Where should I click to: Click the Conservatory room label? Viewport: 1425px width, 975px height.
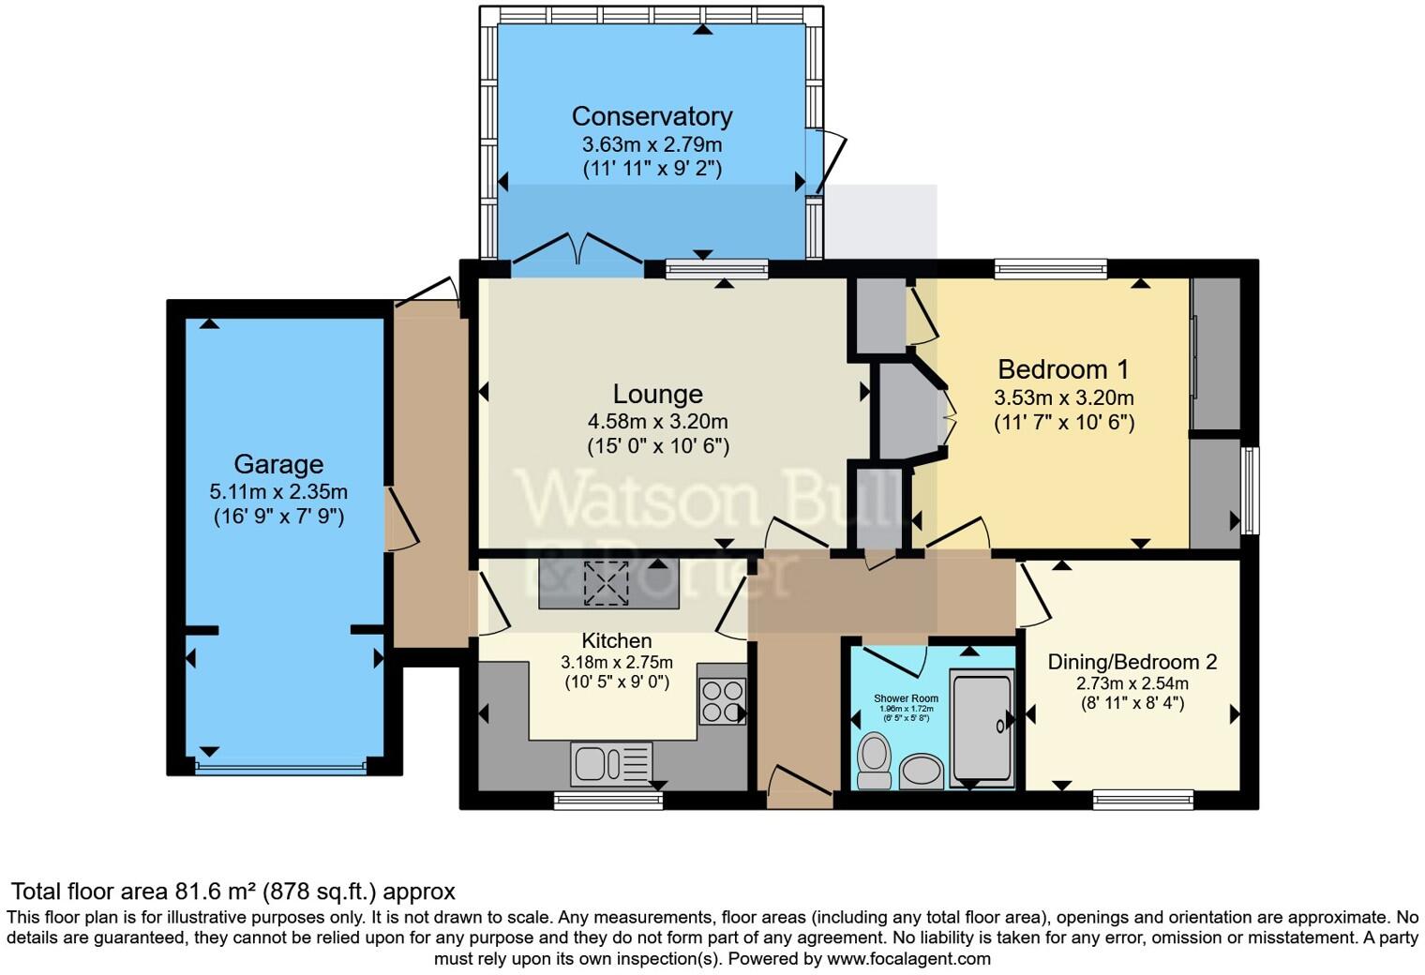652,116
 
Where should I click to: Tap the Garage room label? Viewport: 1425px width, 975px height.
278,464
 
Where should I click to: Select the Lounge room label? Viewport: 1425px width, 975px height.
657,395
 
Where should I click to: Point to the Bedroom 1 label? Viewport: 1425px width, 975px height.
1063,369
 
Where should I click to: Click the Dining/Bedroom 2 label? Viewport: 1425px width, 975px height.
1132,662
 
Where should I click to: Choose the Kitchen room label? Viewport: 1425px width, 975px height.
616,640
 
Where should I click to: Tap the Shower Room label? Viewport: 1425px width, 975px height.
906,698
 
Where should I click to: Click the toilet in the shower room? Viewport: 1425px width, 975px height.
874,759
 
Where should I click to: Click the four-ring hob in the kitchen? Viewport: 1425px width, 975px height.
721,701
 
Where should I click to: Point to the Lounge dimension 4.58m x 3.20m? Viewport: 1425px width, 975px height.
657,422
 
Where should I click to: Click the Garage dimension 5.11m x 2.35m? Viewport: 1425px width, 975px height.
278,491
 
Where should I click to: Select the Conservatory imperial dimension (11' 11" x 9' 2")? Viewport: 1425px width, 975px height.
652,169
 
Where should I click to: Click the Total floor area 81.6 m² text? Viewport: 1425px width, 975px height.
232,891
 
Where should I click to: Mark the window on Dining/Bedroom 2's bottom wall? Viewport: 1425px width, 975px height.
1142,800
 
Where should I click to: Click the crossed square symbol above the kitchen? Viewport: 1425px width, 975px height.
607,583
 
